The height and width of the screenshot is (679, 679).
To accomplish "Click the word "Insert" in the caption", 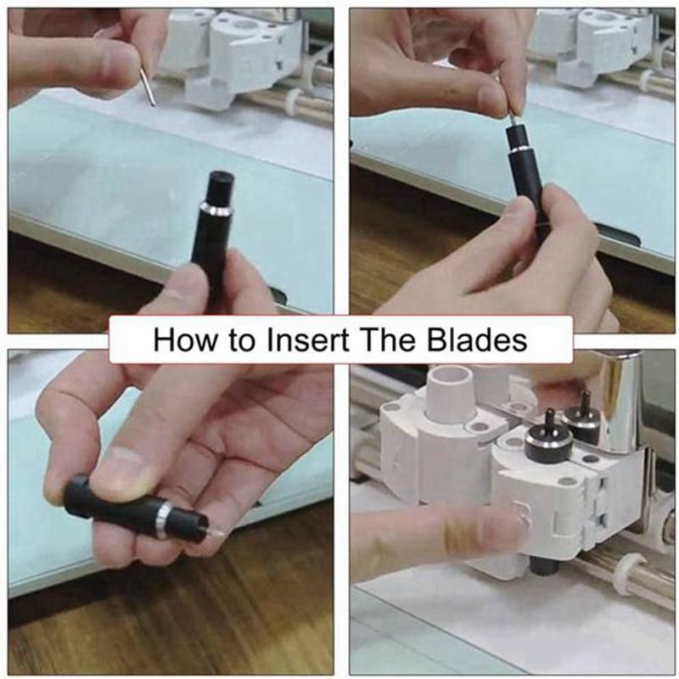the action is pos(308,340).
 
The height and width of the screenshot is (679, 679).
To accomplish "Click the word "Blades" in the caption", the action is pos(477,340).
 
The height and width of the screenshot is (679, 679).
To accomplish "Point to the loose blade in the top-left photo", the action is pos(148,87).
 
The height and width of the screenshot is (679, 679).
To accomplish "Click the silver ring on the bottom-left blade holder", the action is pos(164,519).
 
